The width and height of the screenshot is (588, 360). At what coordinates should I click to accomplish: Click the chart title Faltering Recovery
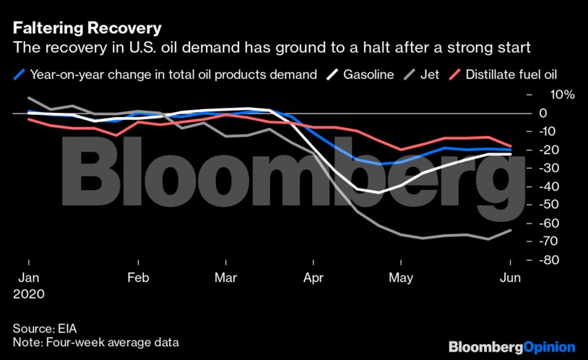click(x=86, y=30)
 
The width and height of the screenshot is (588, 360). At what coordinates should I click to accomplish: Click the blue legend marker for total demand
click(x=20, y=74)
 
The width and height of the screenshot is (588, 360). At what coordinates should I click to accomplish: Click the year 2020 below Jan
click(x=29, y=295)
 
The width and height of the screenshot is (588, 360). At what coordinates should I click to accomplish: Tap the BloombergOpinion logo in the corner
click(x=511, y=348)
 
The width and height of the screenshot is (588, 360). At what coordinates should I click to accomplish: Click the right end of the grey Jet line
click(x=511, y=230)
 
